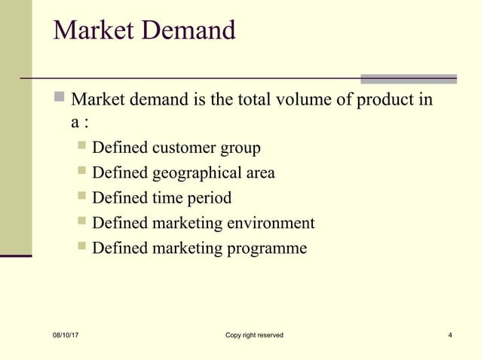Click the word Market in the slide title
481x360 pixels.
[92, 31]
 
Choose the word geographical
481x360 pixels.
[198, 173]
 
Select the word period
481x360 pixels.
[210, 198]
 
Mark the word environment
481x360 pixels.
[273, 223]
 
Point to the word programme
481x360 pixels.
[269, 248]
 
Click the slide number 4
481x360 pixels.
[450, 335]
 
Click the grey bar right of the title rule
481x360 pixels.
[409, 78]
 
